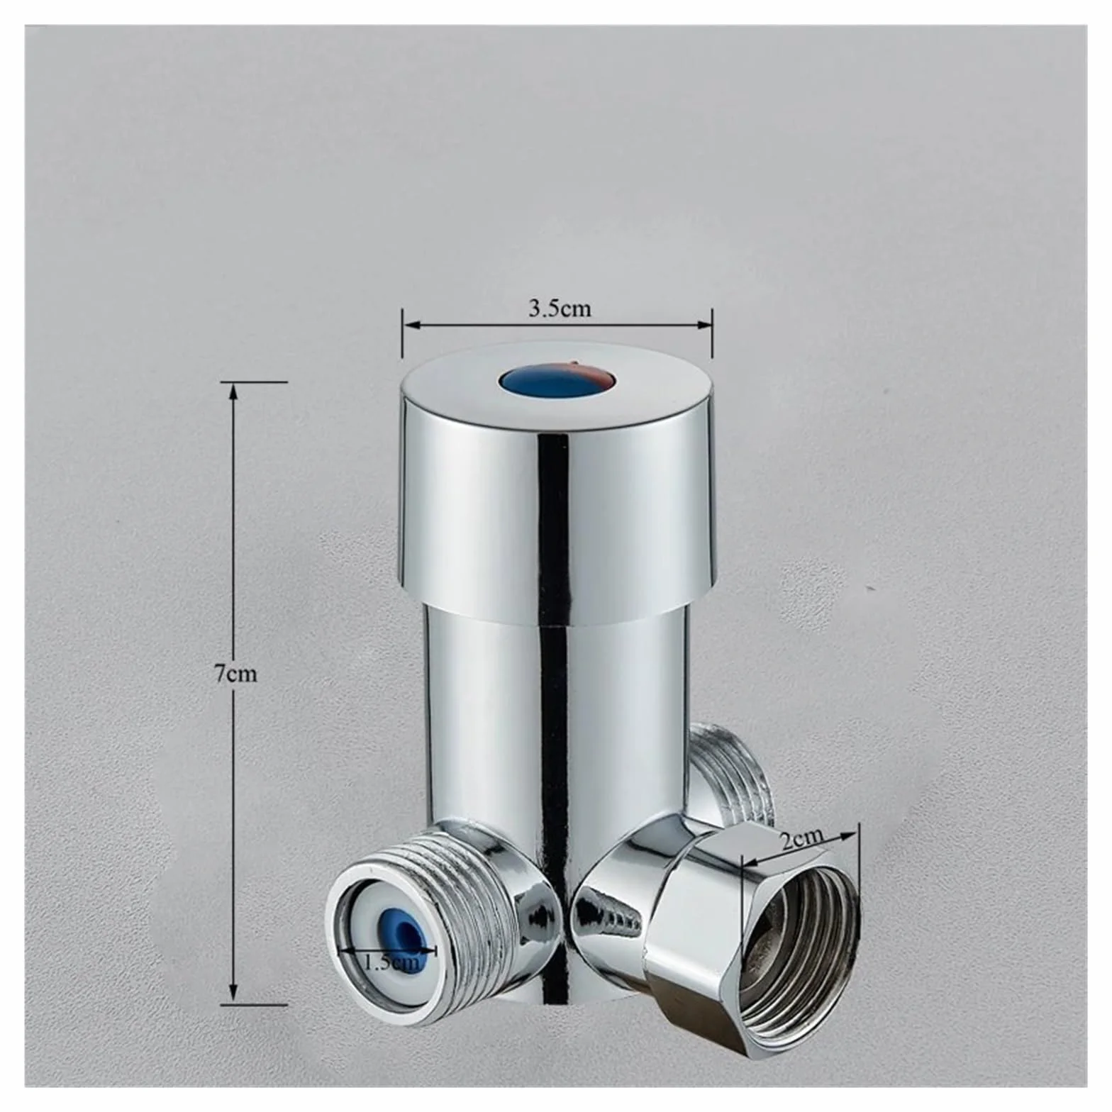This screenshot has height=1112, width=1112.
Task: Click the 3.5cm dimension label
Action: (559, 308)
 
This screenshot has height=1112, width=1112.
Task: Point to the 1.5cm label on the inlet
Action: (391, 962)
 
